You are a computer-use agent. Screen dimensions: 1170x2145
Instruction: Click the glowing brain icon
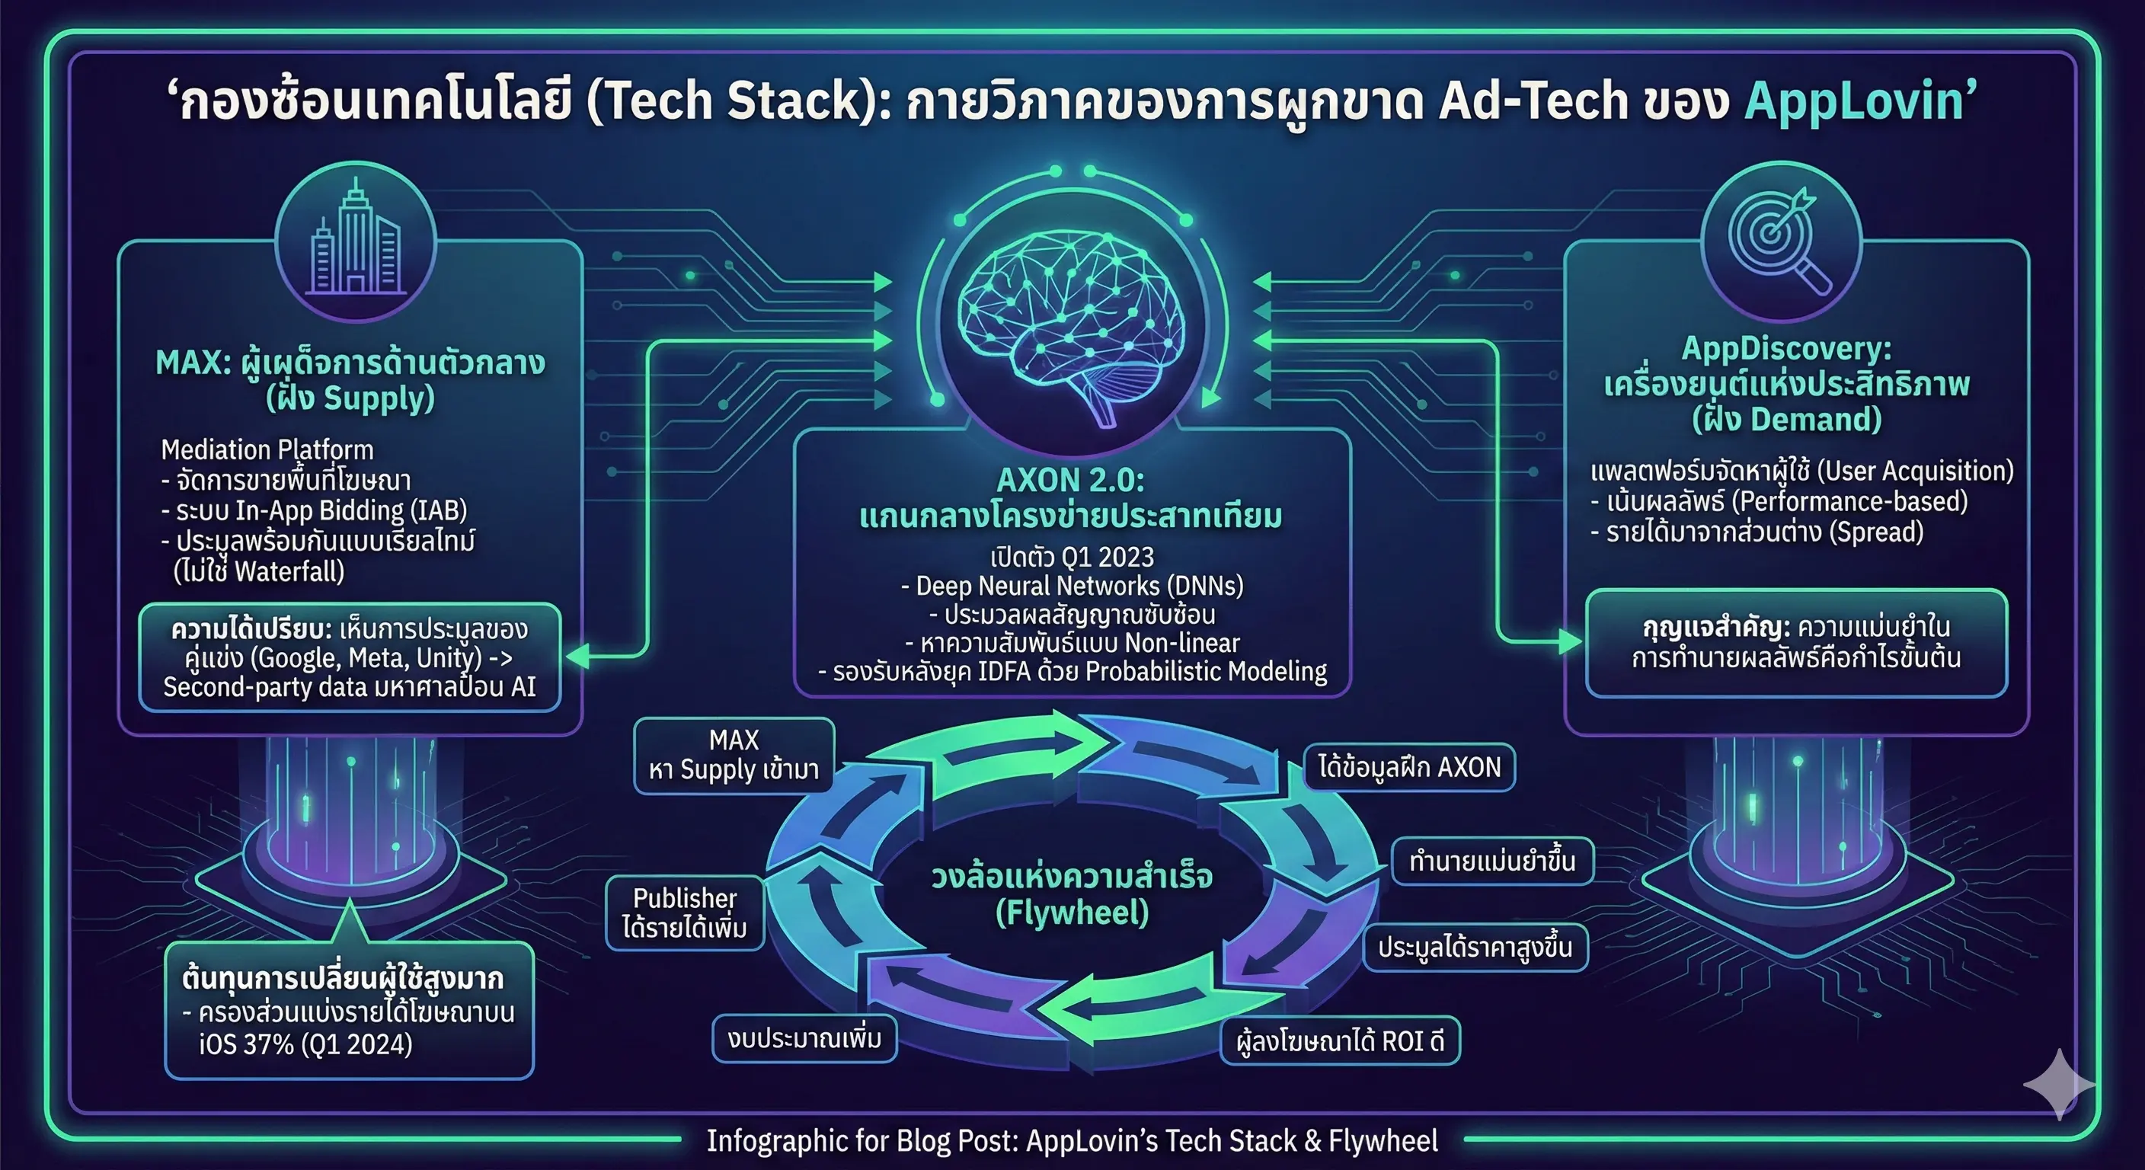1072,321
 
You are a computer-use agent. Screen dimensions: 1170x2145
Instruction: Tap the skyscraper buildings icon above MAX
356,241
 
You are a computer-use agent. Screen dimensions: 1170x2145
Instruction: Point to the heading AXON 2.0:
1071,481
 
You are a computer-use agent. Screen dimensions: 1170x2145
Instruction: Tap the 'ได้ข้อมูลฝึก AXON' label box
1408,767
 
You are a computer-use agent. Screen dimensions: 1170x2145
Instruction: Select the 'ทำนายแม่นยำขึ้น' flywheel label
1491,861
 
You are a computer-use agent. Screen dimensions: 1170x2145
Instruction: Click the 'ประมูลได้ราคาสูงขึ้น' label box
1475,948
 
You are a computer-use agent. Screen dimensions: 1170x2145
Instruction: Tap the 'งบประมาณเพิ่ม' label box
804,1038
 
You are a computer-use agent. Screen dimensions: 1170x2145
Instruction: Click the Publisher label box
685,913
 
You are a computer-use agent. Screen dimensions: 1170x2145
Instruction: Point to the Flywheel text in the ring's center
1072,913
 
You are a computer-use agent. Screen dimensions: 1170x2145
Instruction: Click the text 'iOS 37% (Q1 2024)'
305,1044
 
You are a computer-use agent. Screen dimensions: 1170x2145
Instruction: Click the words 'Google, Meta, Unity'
365,658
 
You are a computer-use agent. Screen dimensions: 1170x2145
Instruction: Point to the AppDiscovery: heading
1786,349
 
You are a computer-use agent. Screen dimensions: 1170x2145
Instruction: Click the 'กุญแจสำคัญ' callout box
1796,643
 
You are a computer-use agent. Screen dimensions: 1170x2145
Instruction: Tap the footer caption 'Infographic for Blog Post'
1072,1141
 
